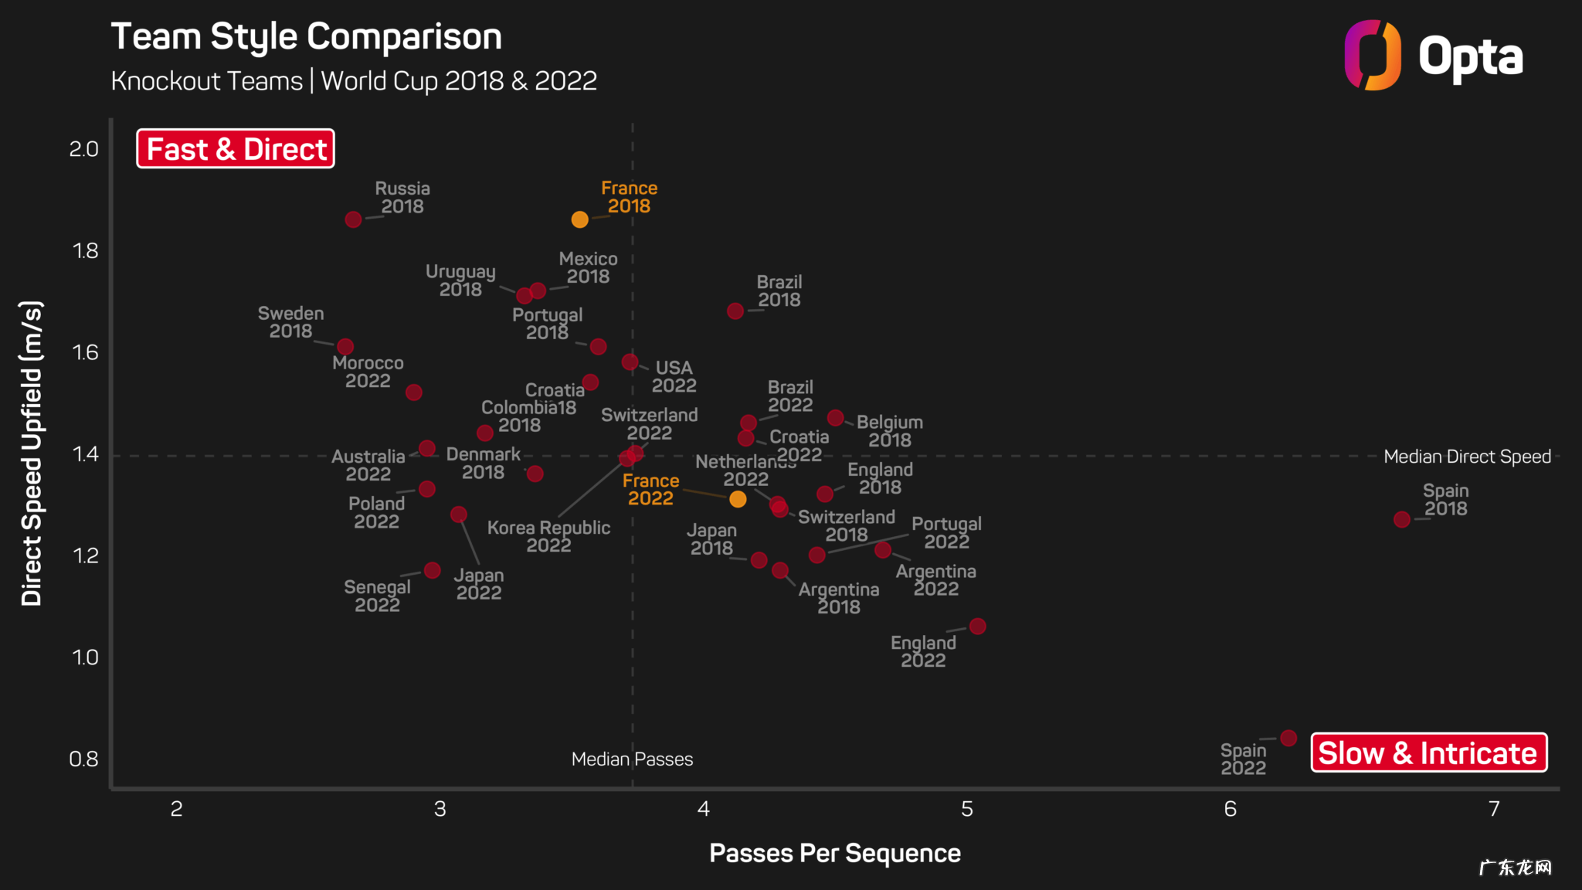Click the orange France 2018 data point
click(579, 219)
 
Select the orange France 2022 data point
click(738, 499)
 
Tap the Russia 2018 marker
click(353, 219)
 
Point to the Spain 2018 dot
click(1402, 520)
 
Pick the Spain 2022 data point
click(1288, 738)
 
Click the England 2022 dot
click(977, 626)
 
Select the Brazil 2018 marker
click(735, 311)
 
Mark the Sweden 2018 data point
click(345, 347)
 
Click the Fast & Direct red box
click(236, 148)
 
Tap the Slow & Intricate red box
click(1428, 752)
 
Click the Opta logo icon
click(1372, 55)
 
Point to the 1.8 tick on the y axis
click(85, 250)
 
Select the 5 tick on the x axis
click(966, 809)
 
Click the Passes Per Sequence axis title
click(834, 853)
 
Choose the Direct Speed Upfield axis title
click(31, 453)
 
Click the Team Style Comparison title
click(306, 36)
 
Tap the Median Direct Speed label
click(1467, 457)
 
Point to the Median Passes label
click(632, 759)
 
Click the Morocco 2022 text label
click(368, 372)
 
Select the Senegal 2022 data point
click(433, 570)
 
